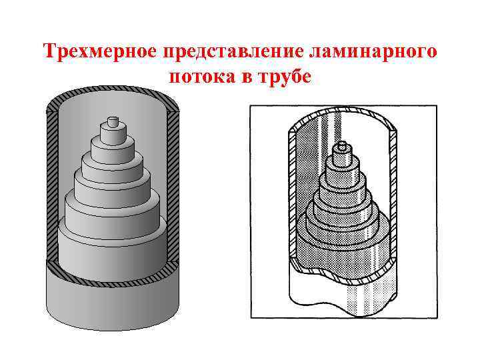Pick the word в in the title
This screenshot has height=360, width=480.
tap(247, 77)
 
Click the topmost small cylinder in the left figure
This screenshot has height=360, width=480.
tap(112, 124)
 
